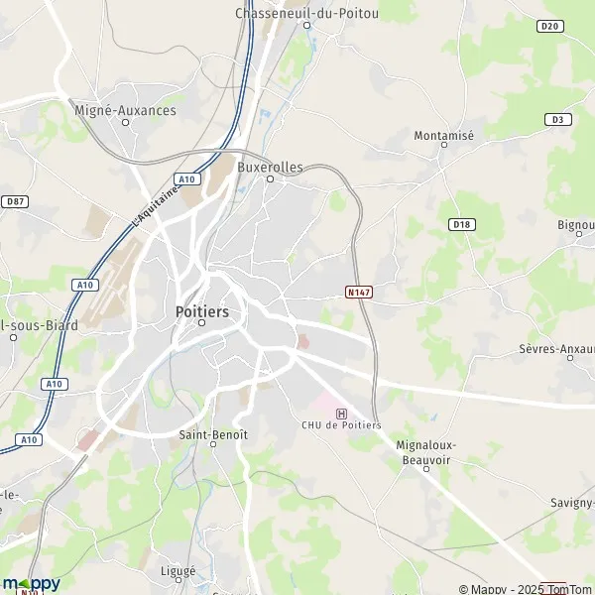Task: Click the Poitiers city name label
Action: pyautogui.click(x=201, y=310)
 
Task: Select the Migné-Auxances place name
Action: pyautogui.click(x=125, y=110)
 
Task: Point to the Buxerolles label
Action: pyautogui.click(x=270, y=168)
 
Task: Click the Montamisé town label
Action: pyautogui.click(x=443, y=134)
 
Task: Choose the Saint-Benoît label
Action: pyautogui.click(x=212, y=434)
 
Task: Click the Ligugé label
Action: pyautogui.click(x=178, y=571)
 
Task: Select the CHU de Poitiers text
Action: pyautogui.click(x=341, y=425)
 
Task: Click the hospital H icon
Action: pyautogui.click(x=342, y=413)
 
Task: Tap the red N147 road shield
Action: pyautogui.click(x=358, y=293)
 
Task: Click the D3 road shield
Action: pyautogui.click(x=558, y=119)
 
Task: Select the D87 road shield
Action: pyautogui.click(x=14, y=201)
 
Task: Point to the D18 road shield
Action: pyautogui.click(x=461, y=224)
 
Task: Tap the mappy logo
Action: pyautogui.click(x=31, y=583)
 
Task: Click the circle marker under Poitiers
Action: pyautogui.click(x=201, y=323)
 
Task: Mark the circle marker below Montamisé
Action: pyautogui.click(x=443, y=146)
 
